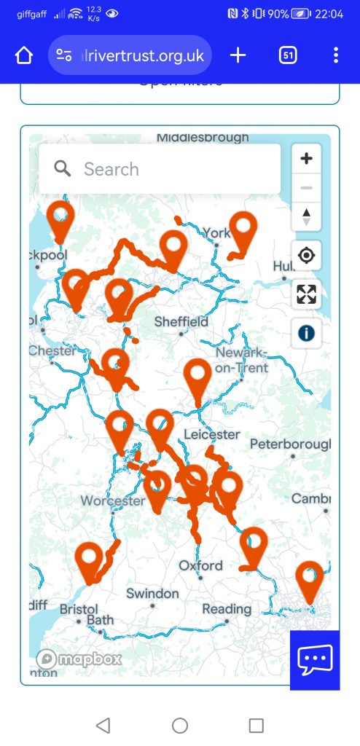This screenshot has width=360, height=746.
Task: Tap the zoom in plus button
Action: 306,158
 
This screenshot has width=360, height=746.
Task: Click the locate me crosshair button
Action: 306,256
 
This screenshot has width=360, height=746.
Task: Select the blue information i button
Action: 306,333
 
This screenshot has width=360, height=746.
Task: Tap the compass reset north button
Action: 306,216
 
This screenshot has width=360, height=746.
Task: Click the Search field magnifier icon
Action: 63,169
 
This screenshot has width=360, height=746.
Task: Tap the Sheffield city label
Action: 181,322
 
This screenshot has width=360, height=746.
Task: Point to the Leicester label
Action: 212,434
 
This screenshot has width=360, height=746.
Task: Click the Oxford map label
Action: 200,565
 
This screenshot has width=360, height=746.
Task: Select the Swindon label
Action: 152,594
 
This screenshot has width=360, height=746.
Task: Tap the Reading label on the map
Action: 227,609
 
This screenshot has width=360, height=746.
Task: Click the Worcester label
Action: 112,501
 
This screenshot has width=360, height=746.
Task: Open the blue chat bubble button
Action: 315,660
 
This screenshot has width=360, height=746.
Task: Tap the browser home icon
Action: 24,55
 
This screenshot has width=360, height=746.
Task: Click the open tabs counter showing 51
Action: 288,55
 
